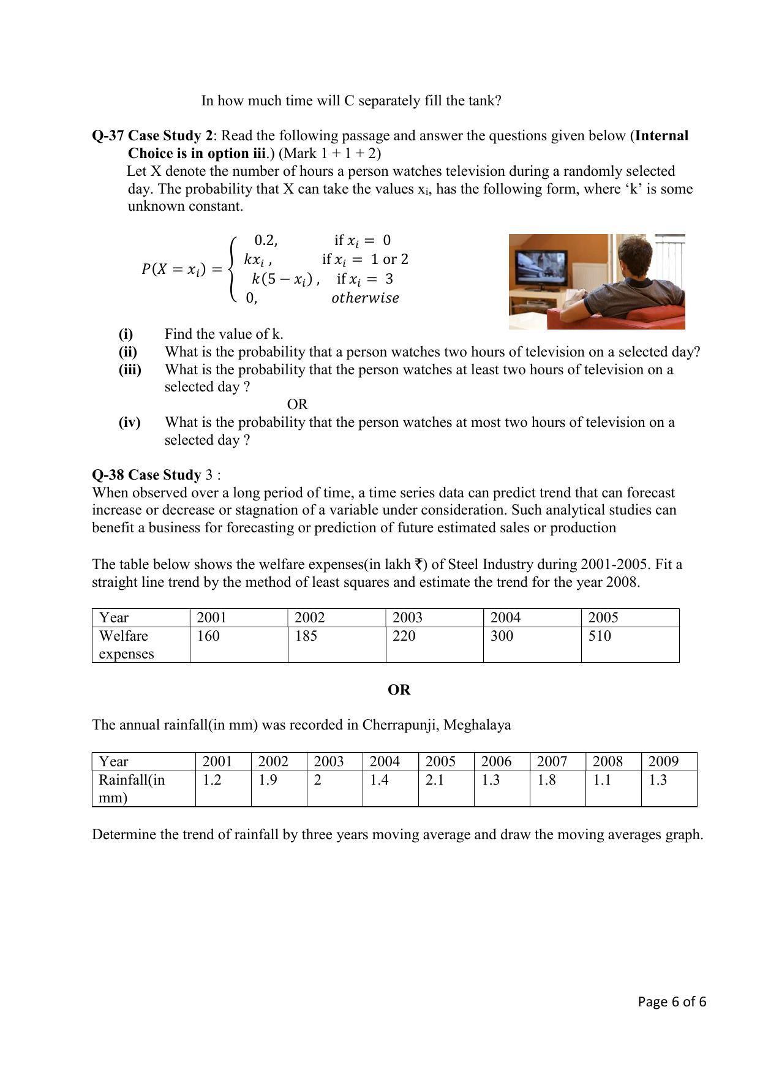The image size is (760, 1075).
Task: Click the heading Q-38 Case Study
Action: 146,475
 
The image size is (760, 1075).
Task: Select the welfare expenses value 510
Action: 600,636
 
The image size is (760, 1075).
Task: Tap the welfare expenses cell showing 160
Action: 208,636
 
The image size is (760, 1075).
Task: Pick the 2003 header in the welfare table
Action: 407,617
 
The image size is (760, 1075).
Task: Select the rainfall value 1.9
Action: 268,780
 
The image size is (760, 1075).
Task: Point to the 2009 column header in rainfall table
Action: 663,761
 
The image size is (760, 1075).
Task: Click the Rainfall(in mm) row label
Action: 131,788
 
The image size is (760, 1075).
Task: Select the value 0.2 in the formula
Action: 265,240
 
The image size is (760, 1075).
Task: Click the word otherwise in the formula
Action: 365,298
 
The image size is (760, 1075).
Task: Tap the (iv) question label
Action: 129,422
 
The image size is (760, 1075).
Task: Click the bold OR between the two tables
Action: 399,690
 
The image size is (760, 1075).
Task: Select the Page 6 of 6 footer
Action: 672,1001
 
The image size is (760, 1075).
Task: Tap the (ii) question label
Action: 127,352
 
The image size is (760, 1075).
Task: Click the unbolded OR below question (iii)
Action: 297,404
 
